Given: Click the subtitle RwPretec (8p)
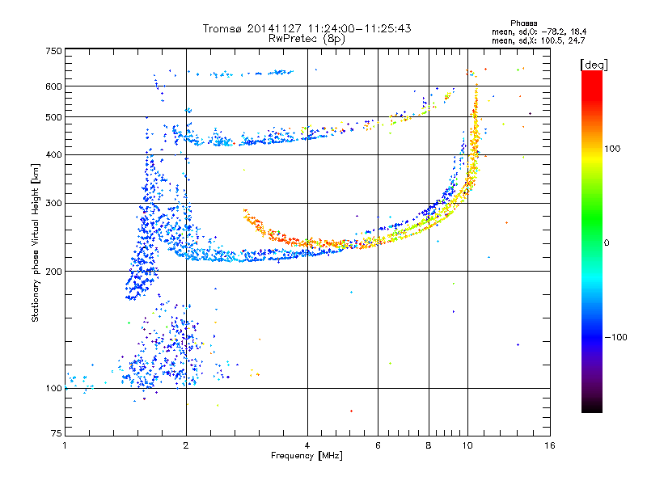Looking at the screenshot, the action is tap(307, 39).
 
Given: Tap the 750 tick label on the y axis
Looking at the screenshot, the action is tap(53, 51).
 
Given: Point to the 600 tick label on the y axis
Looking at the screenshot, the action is tap(53, 86).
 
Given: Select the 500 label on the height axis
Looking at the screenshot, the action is tap(53, 117).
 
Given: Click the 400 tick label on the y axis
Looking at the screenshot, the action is tap(53, 154).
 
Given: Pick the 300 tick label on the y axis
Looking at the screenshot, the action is tap(53, 204).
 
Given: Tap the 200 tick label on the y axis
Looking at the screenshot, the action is tap(53, 272).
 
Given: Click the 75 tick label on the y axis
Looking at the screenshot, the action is tap(57, 433).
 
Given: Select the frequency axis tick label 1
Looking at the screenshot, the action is tap(65, 445).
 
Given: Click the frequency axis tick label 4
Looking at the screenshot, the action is tap(307, 445).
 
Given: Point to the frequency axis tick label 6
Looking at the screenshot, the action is tap(378, 445).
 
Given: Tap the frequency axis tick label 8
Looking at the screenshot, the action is tap(429, 445).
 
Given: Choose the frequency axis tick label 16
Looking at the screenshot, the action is tap(550, 445).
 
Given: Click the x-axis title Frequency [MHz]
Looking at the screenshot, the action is tap(307, 456).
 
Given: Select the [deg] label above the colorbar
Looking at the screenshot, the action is tap(594, 65).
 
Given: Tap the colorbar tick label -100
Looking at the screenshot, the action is tap(615, 337).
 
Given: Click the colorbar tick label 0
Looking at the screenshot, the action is tap(607, 243).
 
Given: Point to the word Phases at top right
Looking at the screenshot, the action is tap(523, 23).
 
